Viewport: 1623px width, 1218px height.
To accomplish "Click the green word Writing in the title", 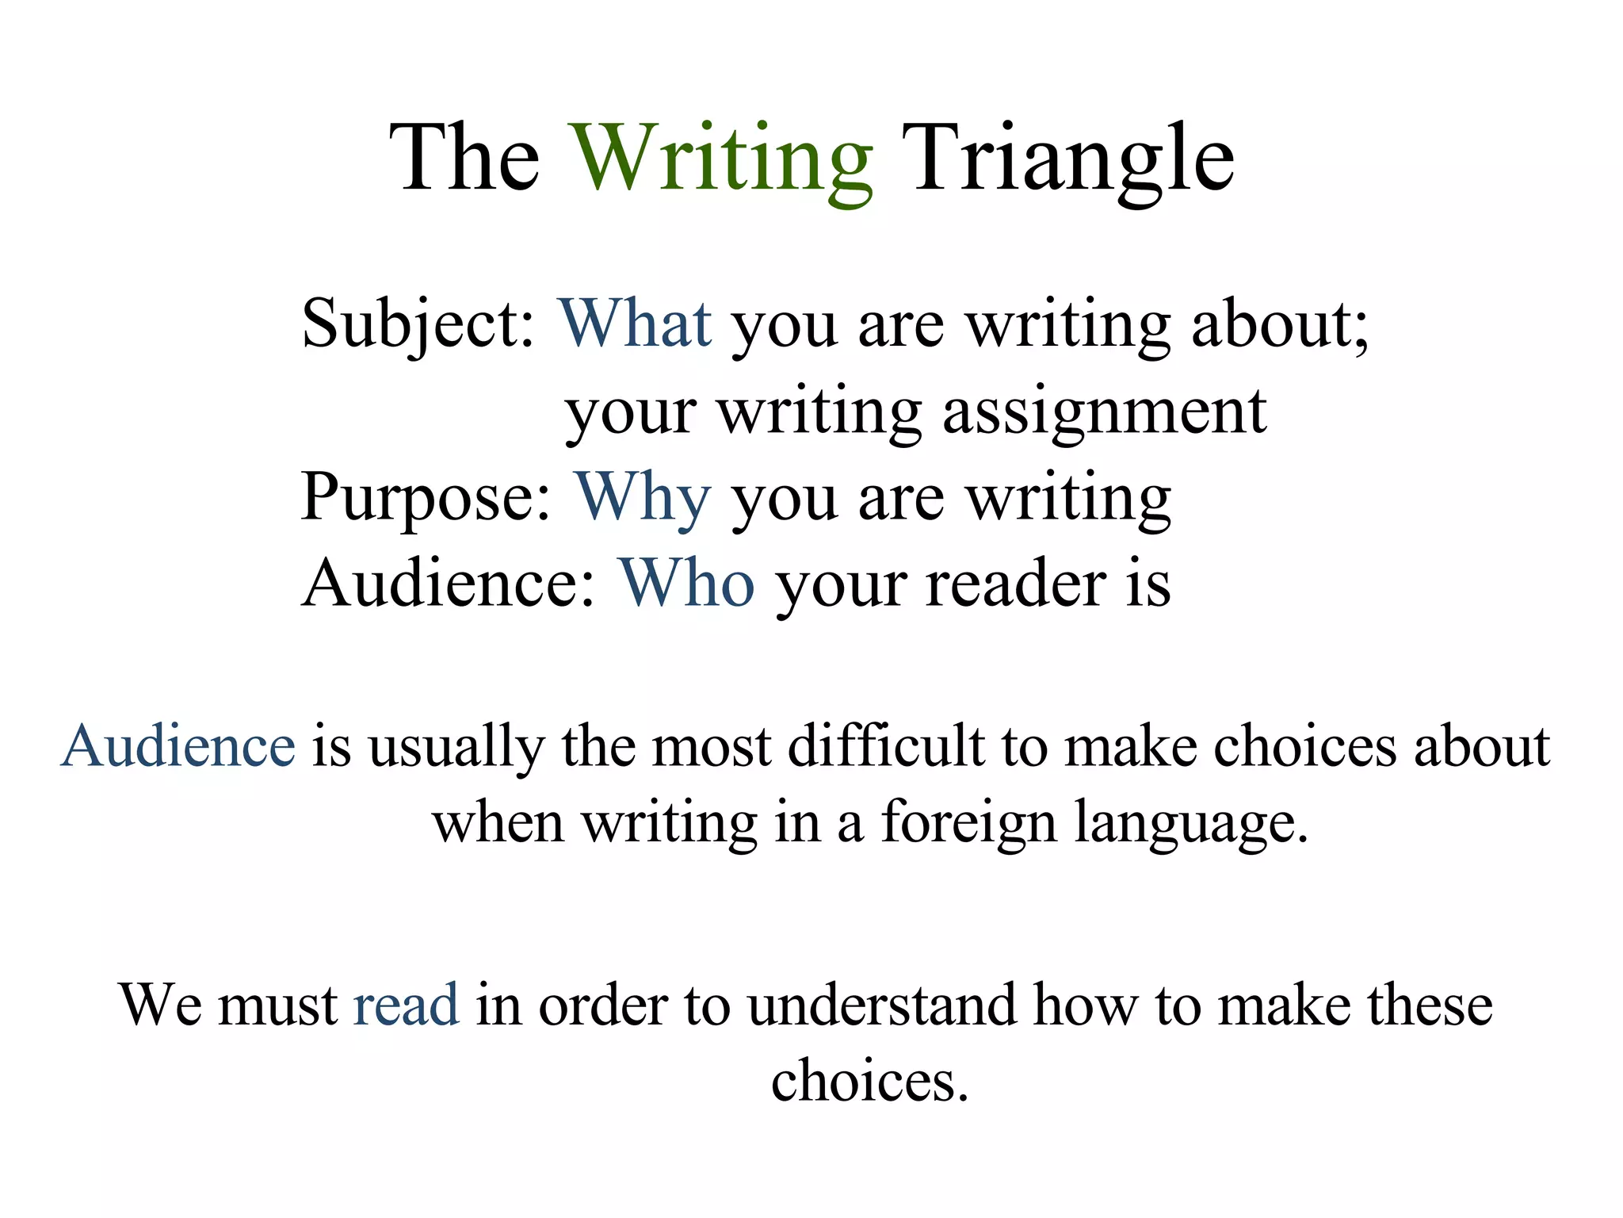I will pyautogui.click(x=723, y=159).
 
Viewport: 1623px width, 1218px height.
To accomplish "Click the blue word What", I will pyautogui.click(x=635, y=324).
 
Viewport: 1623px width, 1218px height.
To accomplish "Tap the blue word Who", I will pyautogui.click(x=686, y=584).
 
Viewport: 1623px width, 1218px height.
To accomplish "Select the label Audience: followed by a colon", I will pyautogui.click(x=448, y=584).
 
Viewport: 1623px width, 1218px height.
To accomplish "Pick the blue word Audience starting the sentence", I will pyautogui.click(x=178, y=747).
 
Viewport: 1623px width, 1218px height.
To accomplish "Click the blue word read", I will pyautogui.click(x=406, y=1005).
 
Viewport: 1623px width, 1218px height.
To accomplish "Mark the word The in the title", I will pyautogui.click(x=465, y=159).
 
